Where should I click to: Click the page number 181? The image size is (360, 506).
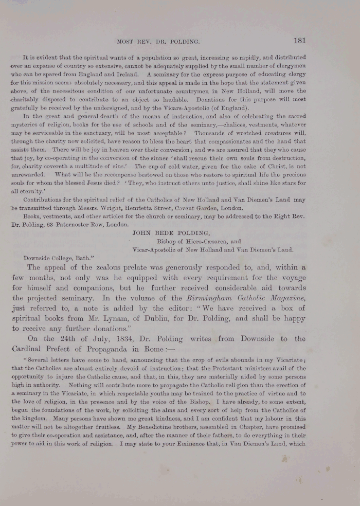pyautogui.click(x=300, y=41)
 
